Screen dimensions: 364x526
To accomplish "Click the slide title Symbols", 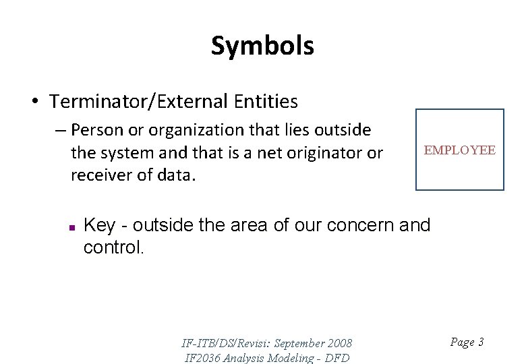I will point(262,46).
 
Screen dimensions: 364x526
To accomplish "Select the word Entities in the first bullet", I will point(265,101).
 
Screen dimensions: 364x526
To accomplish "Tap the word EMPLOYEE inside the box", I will point(459,150).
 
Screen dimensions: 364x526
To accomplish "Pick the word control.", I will point(113,247).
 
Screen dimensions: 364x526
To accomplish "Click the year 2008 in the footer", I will point(339,343).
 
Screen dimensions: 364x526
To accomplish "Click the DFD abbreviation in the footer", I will point(337,358).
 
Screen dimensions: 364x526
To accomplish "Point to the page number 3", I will point(480,342).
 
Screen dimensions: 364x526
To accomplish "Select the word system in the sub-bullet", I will point(129,153).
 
